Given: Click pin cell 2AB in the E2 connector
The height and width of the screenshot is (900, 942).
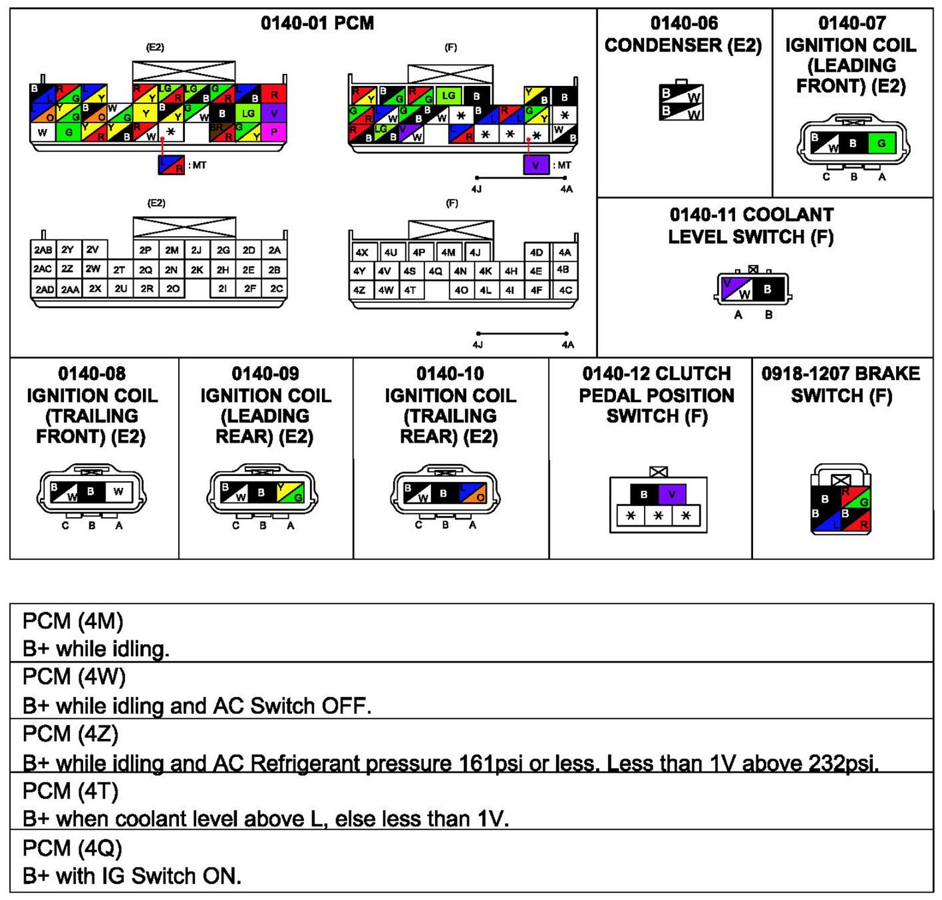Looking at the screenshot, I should (43, 250).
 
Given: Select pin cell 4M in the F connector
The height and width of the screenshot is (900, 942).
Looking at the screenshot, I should (448, 252).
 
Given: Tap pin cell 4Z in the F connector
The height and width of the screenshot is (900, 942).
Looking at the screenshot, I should (360, 290).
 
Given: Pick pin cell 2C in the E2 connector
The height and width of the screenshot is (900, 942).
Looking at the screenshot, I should (276, 289).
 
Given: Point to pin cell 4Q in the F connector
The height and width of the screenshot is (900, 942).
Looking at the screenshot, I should (435, 271).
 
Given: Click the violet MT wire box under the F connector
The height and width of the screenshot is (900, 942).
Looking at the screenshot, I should (535, 165).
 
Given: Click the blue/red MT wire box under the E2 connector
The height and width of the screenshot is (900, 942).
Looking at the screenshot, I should (171, 165).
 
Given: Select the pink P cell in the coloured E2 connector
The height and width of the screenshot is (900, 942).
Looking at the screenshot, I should (274, 132).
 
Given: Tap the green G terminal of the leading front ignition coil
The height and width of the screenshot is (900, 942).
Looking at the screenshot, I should (881, 143).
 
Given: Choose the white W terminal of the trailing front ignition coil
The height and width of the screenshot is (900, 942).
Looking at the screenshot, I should (119, 491).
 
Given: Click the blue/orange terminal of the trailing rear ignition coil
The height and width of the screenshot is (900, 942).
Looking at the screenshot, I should (473, 493).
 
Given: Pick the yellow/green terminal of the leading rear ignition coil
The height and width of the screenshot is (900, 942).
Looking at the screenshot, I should (290, 493).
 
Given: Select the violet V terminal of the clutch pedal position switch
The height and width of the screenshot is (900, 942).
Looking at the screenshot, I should (672, 494).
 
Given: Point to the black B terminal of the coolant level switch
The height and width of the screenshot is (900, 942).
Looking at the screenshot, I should (768, 289).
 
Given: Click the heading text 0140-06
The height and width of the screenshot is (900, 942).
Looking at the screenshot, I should (683, 23).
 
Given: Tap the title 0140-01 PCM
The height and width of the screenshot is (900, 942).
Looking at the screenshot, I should (317, 23).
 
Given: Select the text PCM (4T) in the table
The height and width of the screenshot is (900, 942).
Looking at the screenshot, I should (70, 791).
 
